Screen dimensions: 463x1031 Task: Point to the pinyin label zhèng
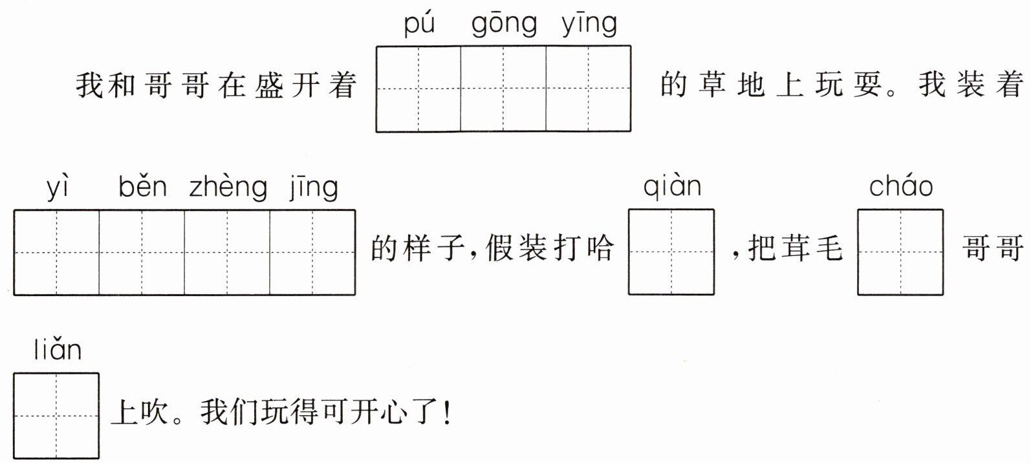(228, 188)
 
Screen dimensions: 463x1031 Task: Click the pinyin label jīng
(314, 188)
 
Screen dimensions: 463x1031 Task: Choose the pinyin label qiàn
(672, 187)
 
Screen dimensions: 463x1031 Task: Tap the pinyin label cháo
(901, 187)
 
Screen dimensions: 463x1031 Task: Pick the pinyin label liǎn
(58, 350)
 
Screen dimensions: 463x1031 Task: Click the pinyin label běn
(142, 187)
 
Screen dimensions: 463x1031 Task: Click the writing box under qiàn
(671, 252)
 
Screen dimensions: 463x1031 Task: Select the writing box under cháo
(900, 252)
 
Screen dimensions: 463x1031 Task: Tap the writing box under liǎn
(56, 416)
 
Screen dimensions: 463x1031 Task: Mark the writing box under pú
(418, 89)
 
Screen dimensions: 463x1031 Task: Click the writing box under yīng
(589, 89)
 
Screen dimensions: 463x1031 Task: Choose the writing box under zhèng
(227, 252)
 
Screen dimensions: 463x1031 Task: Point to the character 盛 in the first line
(269, 85)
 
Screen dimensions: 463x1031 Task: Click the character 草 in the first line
(712, 85)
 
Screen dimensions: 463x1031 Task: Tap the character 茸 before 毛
(793, 248)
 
